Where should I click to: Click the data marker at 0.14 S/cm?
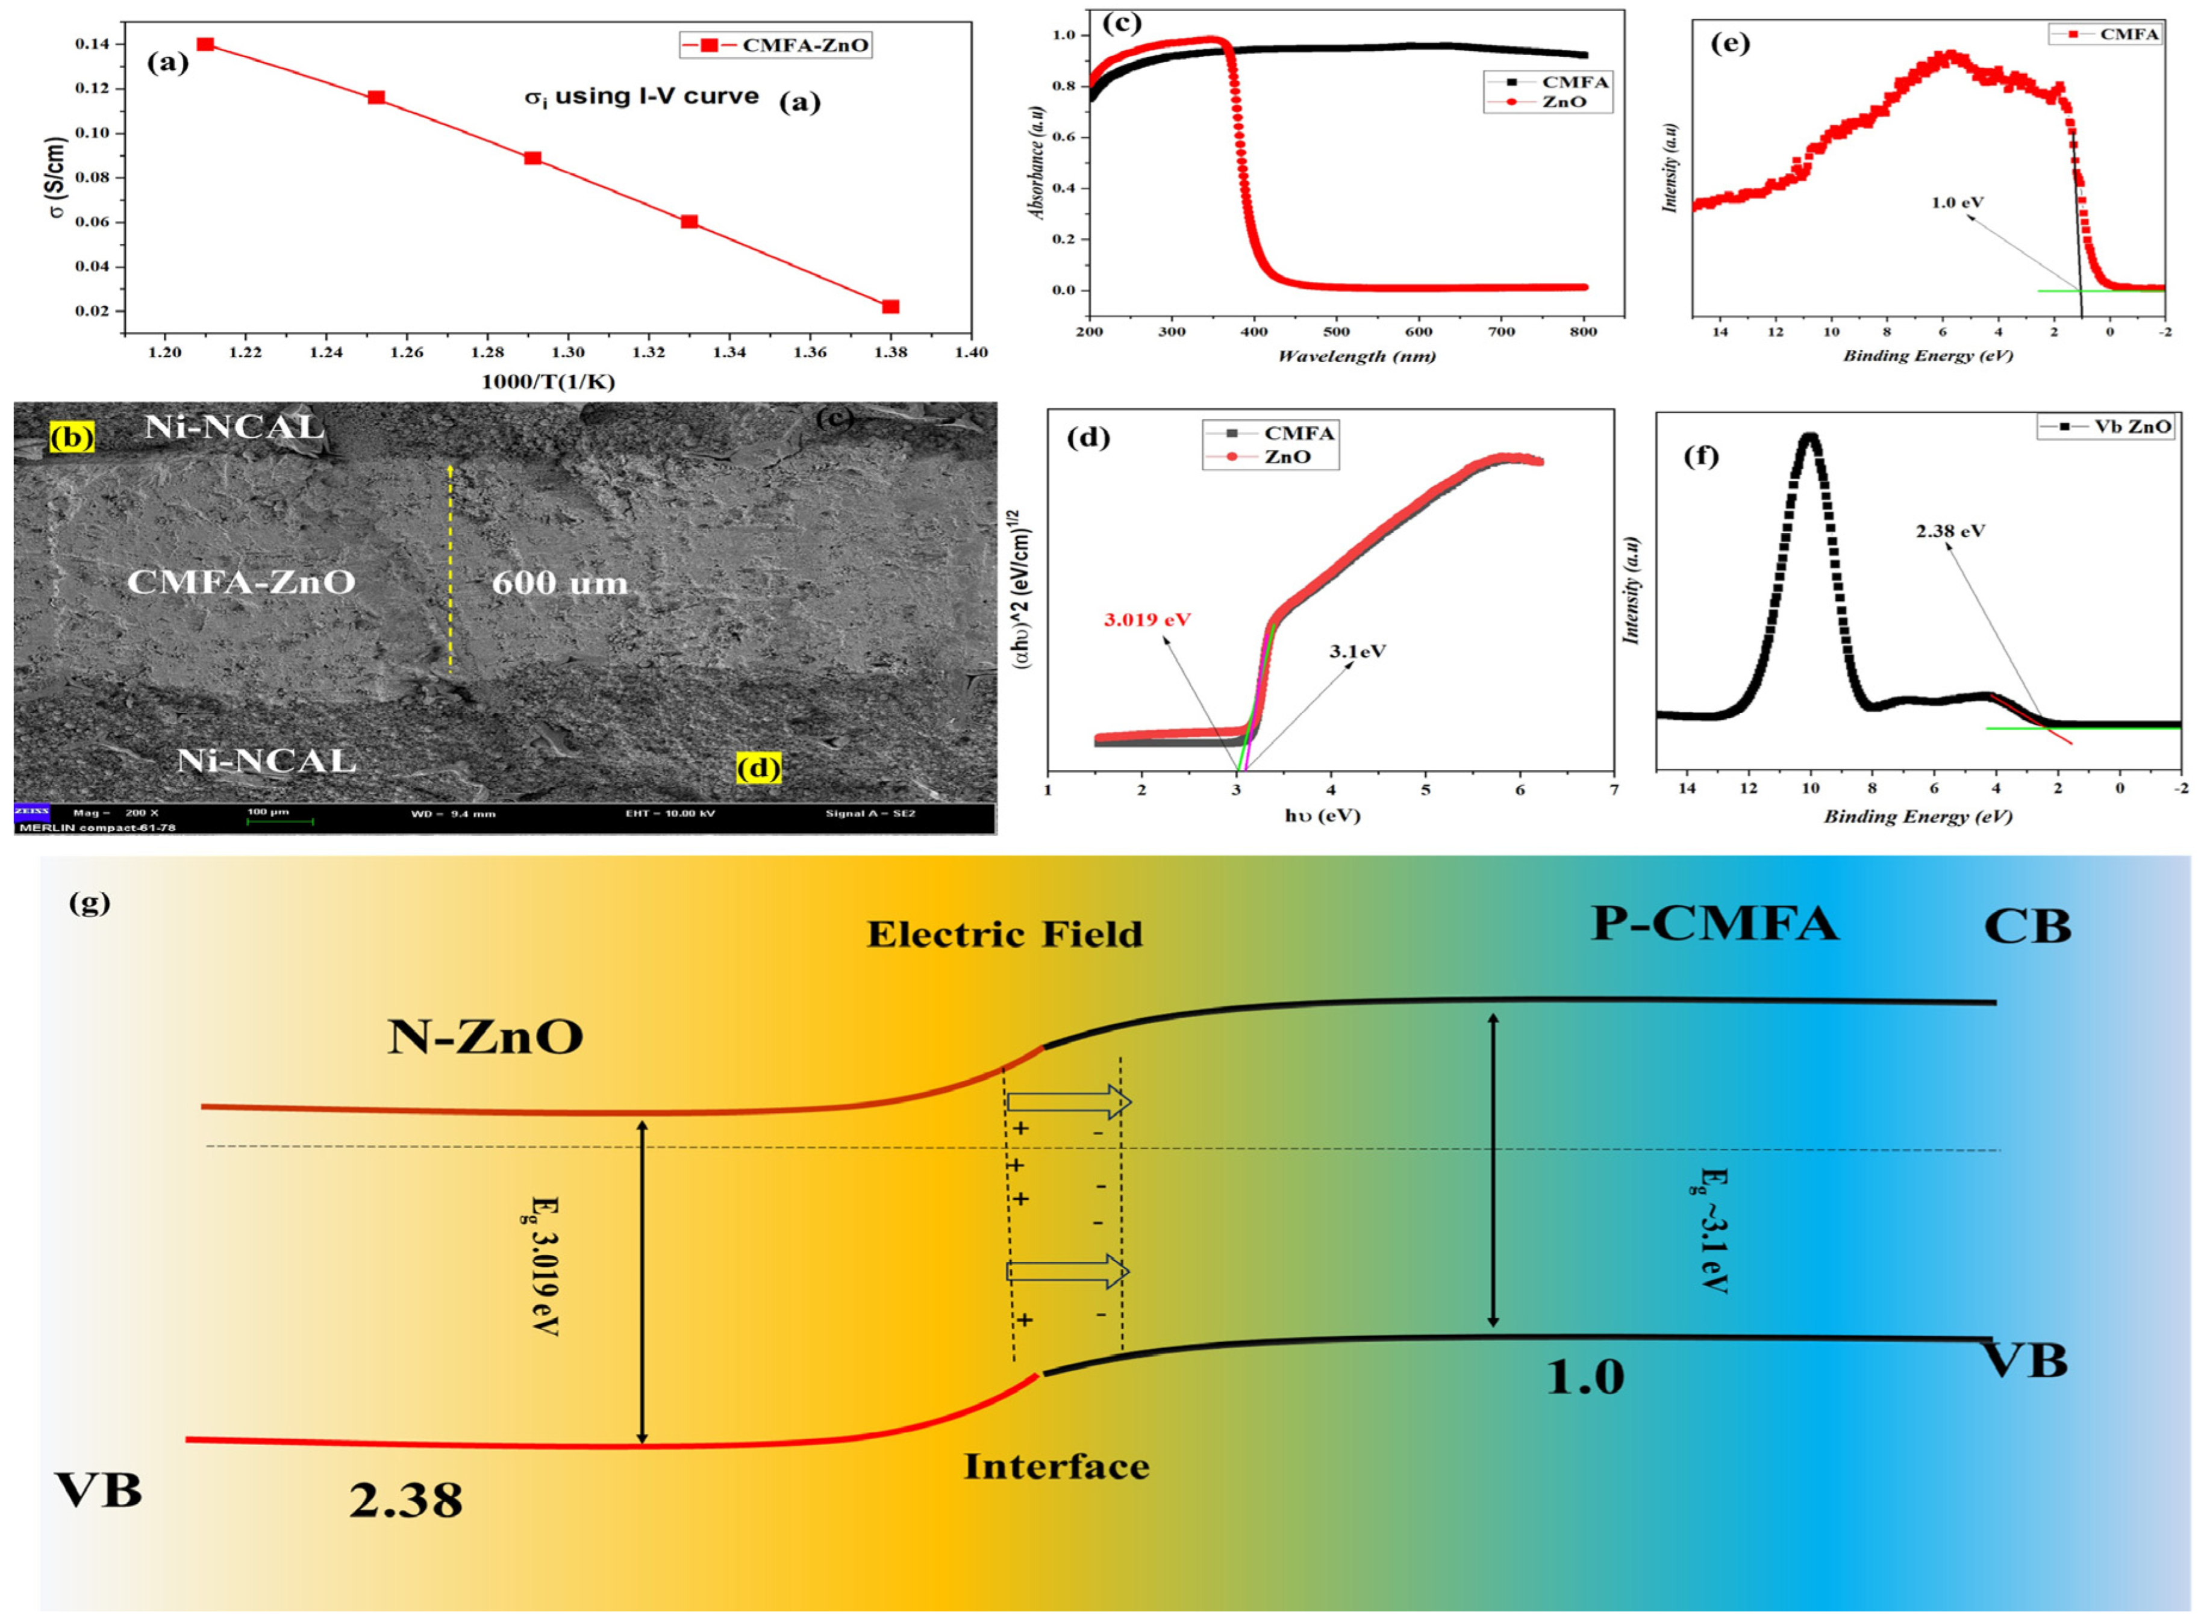coord(205,44)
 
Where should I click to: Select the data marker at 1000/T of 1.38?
coord(890,307)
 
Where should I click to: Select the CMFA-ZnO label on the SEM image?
coord(242,582)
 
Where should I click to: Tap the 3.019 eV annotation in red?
coord(1147,620)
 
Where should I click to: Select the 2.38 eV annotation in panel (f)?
coord(1950,531)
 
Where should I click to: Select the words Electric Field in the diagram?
coord(1004,934)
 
